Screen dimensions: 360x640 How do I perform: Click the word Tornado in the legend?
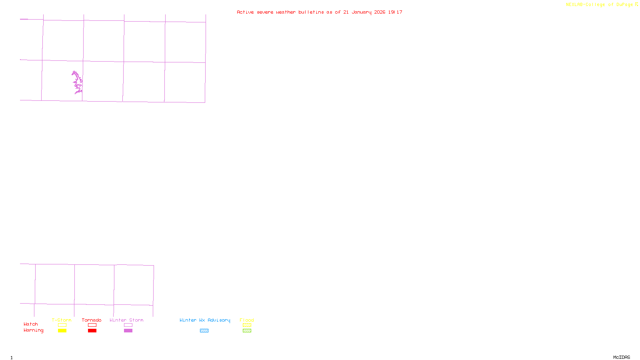tap(92, 320)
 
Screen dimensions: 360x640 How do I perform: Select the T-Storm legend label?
tap(62, 320)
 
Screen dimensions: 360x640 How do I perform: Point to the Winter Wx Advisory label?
tap(205, 320)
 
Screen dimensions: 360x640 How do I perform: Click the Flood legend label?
tap(247, 320)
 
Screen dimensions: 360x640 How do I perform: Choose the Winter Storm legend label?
tap(126, 320)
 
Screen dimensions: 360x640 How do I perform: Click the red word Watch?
tap(31, 324)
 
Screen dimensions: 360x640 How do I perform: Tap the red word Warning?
tap(34, 330)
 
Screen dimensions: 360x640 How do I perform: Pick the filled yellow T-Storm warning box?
tap(62, 331)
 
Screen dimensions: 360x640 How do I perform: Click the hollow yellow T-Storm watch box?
tap(62, 325)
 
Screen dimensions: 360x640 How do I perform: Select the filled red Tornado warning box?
tap(92, 331)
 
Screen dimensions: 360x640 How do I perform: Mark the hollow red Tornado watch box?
tap(92, 325)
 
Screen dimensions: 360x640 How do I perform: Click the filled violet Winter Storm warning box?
tap(128, 331)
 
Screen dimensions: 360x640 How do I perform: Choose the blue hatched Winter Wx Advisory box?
tap(204, 331)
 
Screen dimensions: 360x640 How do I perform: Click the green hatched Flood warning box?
tap(247, 331)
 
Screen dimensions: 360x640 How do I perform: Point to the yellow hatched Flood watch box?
tap(247, 325)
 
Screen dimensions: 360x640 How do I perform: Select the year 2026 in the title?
tap(380, 12)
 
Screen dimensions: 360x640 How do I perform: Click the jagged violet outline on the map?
tap(77, 82)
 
